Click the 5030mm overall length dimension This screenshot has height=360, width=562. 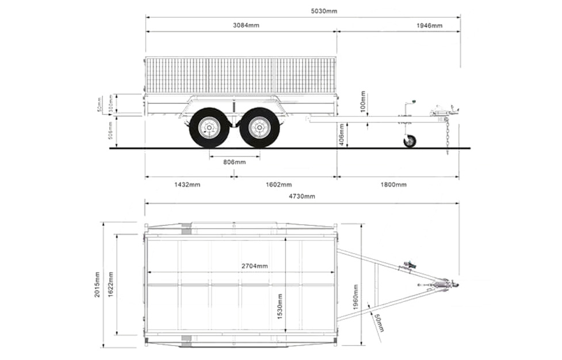(324, 11)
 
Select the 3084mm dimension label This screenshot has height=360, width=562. (246, 25)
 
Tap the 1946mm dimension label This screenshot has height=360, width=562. (429, 25)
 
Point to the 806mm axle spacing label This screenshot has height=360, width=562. (234, 162)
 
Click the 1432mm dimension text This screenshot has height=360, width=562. (187, 185)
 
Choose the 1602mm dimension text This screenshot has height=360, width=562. (278, 185)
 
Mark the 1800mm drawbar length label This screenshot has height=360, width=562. (393, 185)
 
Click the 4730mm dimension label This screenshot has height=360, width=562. (302, 196)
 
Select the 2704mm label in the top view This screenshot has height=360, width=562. (254, 266)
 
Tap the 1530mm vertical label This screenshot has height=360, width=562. (280, 307)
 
